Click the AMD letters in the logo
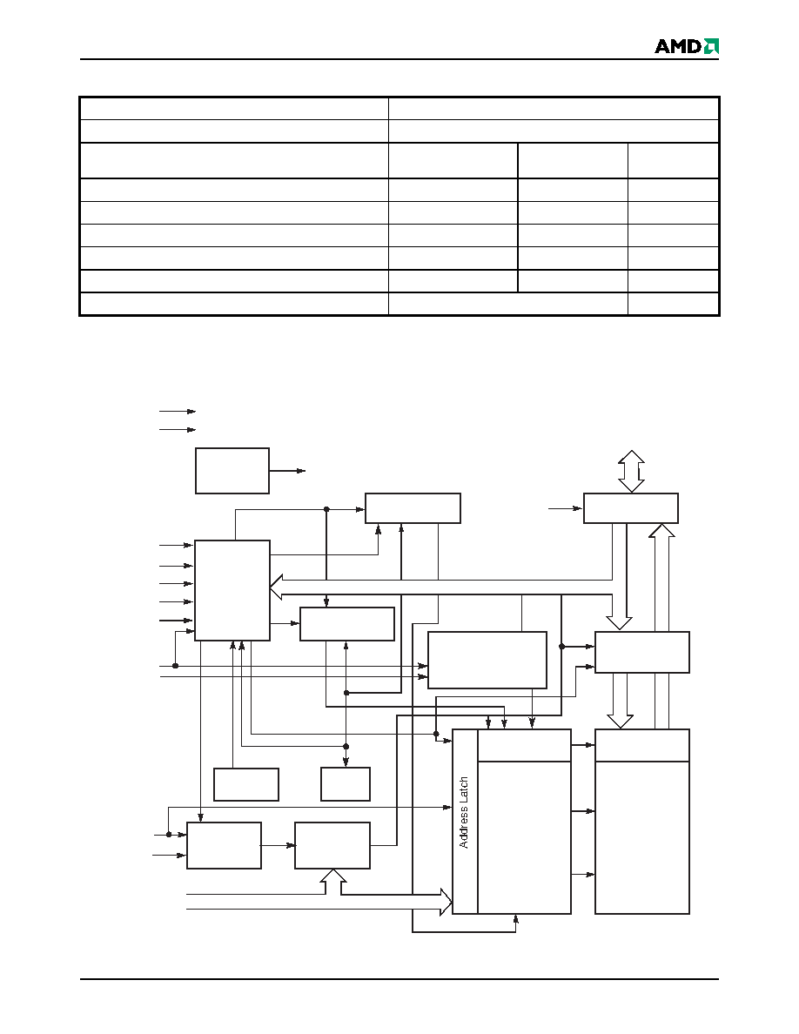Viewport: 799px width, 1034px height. coord(678,46)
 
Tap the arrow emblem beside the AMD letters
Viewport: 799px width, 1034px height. coord(711,46)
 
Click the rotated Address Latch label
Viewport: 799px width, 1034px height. coord(464,812)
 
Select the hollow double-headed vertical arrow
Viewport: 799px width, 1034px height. coord(632,472)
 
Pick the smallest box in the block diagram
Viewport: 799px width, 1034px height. coord(346,784)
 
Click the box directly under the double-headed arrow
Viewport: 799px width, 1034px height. coord(631,508)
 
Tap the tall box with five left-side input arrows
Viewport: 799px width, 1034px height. coord(232,590)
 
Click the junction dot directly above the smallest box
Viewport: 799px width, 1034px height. coord(346,747)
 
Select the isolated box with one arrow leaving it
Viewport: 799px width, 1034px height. coord(232,471)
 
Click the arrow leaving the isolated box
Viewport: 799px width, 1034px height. coord(287,471)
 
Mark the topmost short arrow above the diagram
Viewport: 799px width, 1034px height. coord(178,412)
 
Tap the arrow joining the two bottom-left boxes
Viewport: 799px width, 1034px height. coord(279,845)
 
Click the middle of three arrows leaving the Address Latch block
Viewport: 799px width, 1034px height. coord(583,811)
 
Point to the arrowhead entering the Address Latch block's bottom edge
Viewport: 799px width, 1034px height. coord(515,919)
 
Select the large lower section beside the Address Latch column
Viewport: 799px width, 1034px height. coord(524,837)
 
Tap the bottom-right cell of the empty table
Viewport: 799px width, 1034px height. coord(673,304)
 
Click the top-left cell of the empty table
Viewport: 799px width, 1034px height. coord(234,109)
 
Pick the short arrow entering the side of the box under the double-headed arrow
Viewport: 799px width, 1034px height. coord(566,508)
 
